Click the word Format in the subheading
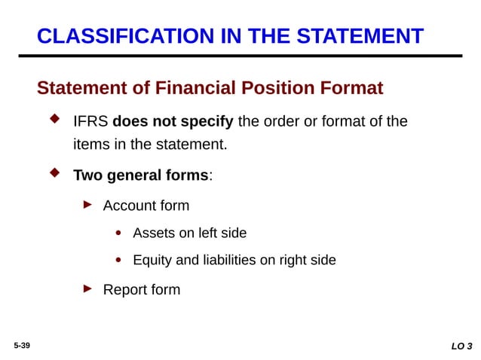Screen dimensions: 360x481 pyautogui.click(x=350, y=89)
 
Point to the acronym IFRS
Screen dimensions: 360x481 pyautogui.click(x=90, y=121)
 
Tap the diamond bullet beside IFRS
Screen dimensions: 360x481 pyautogui.click(x=54, y=120)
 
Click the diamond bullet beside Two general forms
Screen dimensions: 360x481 pyautogui.click(x=54, y=174)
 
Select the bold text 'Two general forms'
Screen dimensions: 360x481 pyautogui.click(x=140, y=175)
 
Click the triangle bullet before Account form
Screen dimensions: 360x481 pyautogui.click(x=87, y=204)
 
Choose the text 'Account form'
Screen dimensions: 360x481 pyautogui.click(x=146, y=206)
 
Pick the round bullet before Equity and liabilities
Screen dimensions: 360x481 pyautogui.click(x=119, y=261)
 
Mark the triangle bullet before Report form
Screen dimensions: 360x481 pyautogui.click(x=87, y=288)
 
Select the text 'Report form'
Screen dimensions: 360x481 pyautogui.click(x=141, y=289)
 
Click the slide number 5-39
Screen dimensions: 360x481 pyautogui.click(x=21, y=344)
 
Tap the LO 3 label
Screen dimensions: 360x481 pyautogui.click(x=461, y=346)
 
